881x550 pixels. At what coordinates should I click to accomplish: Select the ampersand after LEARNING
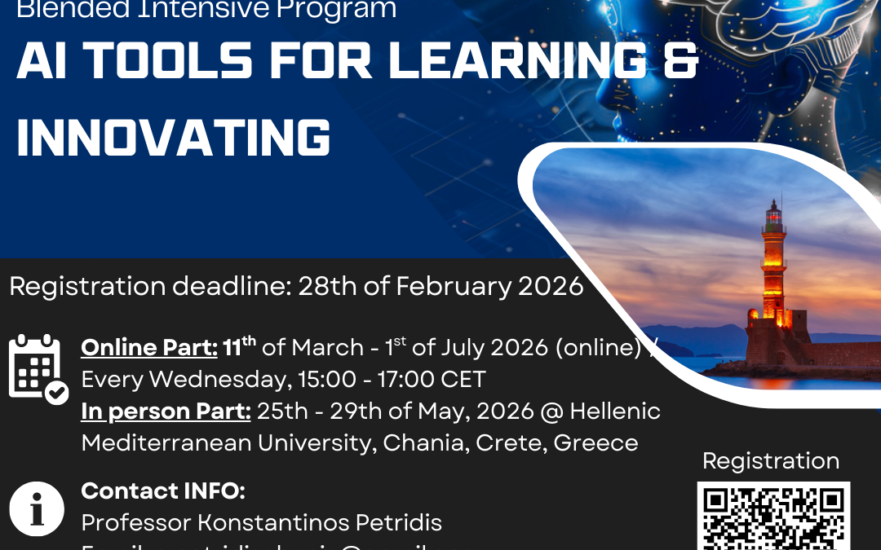680,63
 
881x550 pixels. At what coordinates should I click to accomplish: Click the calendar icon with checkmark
38,368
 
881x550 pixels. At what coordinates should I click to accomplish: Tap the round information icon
37,508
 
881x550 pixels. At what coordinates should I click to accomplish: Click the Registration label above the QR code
771,461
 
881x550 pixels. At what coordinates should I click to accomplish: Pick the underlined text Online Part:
149,348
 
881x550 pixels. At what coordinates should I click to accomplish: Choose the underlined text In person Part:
166,411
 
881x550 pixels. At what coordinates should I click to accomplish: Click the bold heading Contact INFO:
163,491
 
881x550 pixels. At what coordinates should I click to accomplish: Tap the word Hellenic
615,411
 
